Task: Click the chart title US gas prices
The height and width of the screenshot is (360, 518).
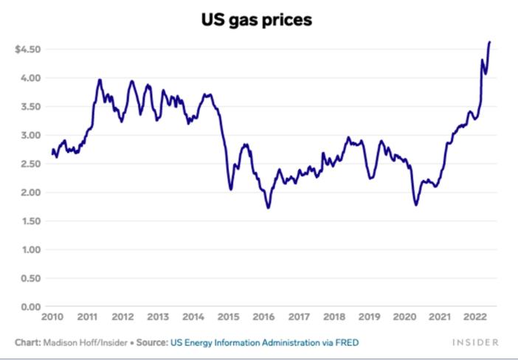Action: [257, 20]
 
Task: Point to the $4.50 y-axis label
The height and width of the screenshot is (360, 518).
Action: [28, 49]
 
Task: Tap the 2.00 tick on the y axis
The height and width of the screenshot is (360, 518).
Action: [30, 193]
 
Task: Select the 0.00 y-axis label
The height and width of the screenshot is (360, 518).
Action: [30, 307]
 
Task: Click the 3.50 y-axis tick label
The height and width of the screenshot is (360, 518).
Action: [30, 107]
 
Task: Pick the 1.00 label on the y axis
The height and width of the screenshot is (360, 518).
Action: [30, 250]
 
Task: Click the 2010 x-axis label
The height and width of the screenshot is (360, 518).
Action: [52, 316]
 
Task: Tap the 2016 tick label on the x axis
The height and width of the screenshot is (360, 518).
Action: [263, 316]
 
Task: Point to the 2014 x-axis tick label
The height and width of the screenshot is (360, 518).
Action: [193, 316]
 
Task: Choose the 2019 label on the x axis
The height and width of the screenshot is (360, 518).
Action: [369, 316]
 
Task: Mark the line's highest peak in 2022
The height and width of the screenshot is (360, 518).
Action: [489, 42]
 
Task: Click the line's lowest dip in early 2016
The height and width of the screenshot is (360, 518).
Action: [268, 207]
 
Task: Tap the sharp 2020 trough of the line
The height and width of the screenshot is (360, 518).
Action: [416, 204]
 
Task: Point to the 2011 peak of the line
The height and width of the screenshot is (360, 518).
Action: [100, 80]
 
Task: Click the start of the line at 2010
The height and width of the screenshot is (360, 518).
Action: [52, 152]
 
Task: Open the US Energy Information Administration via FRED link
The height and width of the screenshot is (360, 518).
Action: [265, 343]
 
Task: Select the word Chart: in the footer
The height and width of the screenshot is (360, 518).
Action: [27, 343]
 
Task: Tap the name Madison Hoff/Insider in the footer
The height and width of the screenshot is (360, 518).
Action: [80, 343]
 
